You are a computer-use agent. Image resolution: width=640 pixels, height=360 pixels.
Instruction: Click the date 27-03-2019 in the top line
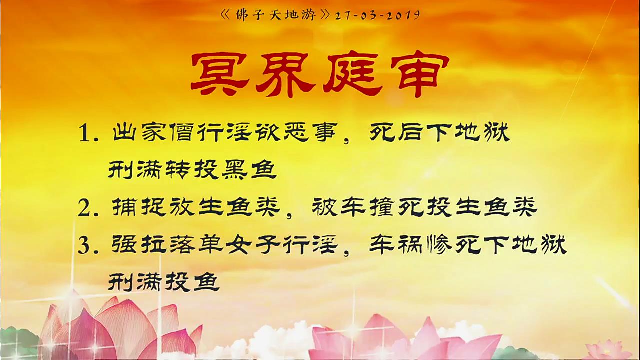point(377,15)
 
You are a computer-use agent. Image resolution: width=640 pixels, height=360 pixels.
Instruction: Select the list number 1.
point(88,133)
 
